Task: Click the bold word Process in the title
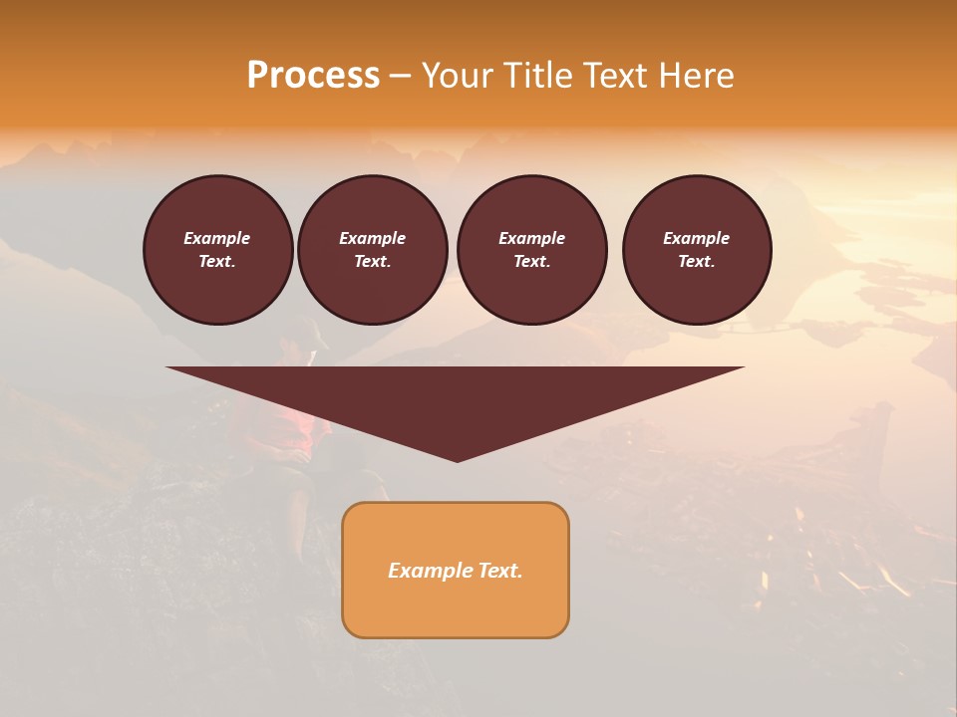tap(313, 76)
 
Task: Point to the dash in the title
tap(401, 77)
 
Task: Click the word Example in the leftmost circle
tap(217, 238)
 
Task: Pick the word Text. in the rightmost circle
tap(697, 261)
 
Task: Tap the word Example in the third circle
tap(531, 238)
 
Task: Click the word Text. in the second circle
tap(373, 261)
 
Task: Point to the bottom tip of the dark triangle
tap(457, 459)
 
